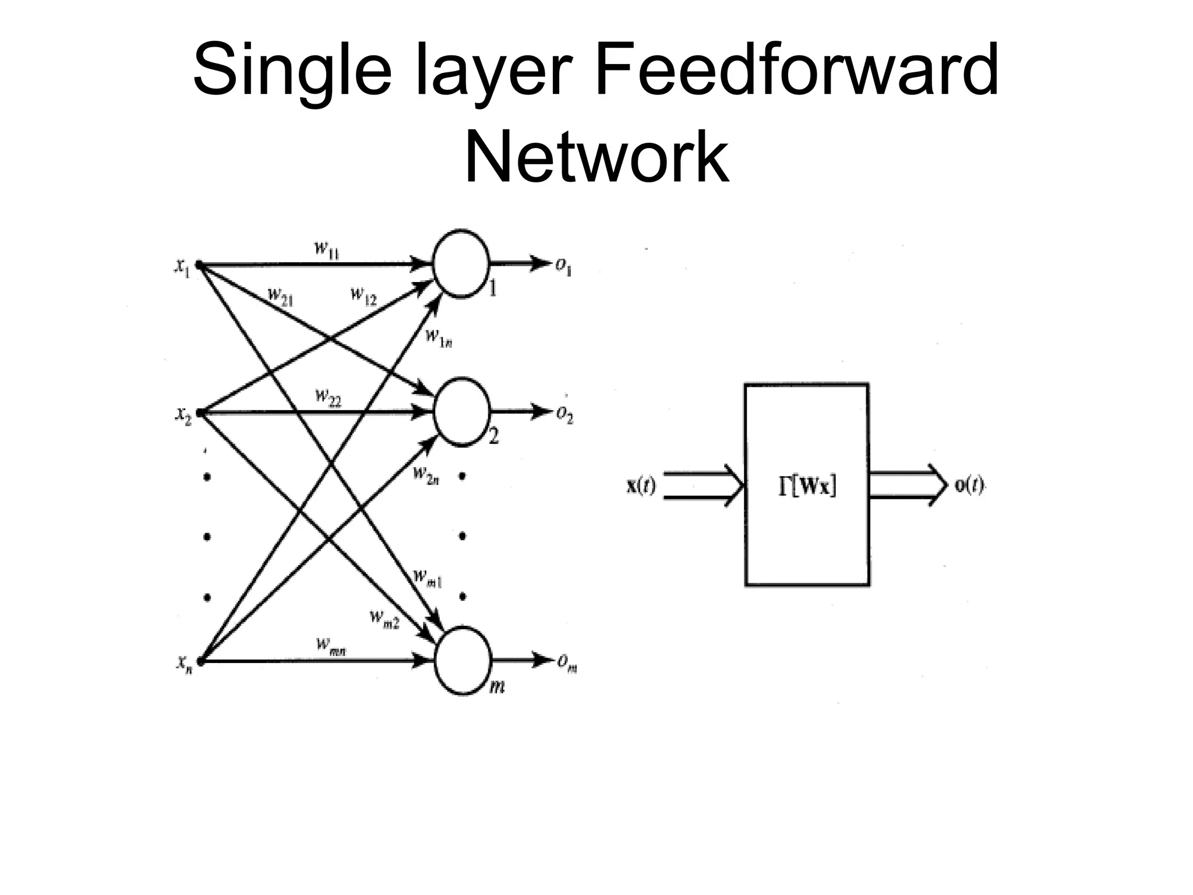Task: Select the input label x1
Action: (182, 267)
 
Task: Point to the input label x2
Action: (183, 415)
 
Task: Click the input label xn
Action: (183, 663)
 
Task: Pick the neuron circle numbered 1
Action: (460, 263)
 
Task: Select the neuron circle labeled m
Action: (464, 660)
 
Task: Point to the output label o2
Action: (564, 415)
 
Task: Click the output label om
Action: (566, 664)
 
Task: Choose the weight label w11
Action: (327, 249)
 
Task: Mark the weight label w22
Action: (328, 398)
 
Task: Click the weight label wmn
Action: (330, 646)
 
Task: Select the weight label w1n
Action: (439, 337)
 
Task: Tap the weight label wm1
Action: (428, 578)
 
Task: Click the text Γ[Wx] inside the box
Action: (807, 485)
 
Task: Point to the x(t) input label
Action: (641, 485)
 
